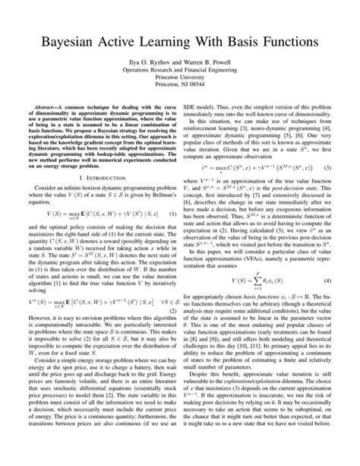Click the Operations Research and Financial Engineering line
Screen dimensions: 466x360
click(x=180, y=67)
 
